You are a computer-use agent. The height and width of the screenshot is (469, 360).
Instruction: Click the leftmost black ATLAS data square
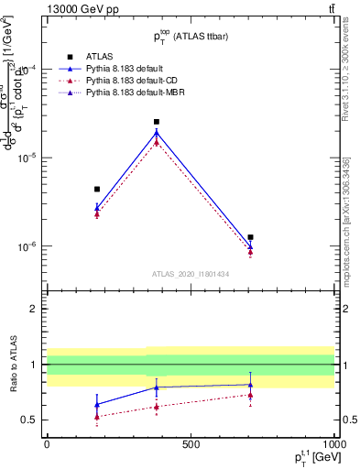[x=97, y=189]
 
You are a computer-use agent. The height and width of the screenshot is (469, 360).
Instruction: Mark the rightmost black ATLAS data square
[x=250, y=237]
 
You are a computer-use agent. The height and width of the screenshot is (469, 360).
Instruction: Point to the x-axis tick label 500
[x=191, y=443]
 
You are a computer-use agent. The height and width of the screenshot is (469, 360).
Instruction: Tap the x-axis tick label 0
[x=47, y=443]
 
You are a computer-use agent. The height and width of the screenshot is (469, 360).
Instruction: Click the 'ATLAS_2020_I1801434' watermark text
[x=190, y=274]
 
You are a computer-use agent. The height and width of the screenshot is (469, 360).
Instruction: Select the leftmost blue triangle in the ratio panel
[x=97, y=404]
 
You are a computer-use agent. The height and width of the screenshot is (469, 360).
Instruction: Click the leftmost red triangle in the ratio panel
[x=97, y=417]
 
